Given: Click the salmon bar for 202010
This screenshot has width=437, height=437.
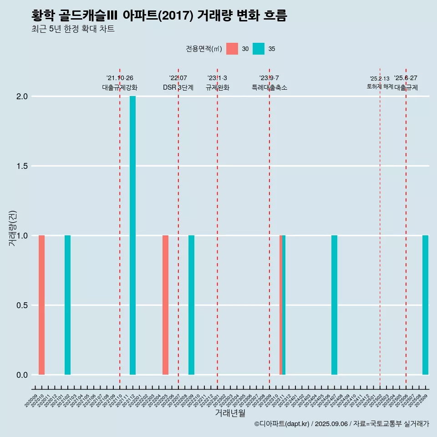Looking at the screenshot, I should tap(41, 305).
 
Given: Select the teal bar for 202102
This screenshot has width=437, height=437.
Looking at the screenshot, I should tap(67, 305).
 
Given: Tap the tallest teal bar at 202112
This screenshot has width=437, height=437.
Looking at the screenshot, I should tap(132, 235).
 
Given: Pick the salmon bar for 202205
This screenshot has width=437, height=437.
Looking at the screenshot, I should tap(165, 305).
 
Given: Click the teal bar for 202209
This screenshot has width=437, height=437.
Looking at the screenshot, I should tap(191, 305).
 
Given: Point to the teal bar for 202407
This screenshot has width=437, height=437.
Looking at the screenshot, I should tap(334, 305).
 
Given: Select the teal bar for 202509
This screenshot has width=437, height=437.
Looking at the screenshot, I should tap(425, 305).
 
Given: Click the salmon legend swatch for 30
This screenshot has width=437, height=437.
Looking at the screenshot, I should tap(232, 49).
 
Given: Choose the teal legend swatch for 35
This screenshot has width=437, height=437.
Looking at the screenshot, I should tap(259, 49).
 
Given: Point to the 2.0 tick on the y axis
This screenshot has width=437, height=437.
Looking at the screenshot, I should tap(22, 97).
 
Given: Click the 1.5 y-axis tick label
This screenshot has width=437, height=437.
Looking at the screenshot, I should tap(22, 166).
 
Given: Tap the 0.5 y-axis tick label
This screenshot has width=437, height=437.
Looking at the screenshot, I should tap(22, 305).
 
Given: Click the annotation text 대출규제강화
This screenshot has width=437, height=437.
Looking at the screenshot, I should tap(120, 87).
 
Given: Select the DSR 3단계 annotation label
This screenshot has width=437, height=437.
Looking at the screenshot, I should tap(178, 87).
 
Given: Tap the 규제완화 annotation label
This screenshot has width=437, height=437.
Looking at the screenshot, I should tap(217, 87).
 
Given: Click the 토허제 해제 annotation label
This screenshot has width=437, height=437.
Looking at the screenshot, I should tap(380, 86).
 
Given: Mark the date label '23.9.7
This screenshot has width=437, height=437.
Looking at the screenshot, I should tap(269, 78).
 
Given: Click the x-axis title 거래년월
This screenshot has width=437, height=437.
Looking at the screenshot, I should tap(230, 413).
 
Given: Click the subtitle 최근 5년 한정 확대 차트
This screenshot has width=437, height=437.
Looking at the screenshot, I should tap(73, 29).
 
